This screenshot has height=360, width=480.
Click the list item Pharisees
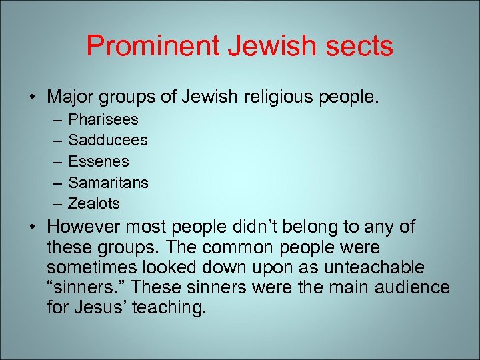pos(103,120)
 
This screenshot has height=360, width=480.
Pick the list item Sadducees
pos(108,141)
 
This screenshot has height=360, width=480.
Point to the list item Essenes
pos(99,161)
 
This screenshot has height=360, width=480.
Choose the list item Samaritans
pos(108,182)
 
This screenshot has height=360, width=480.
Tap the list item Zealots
pos(94,203)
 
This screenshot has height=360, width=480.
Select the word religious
pos(281,97)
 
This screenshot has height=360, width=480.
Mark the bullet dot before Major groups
pos(32,98)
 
